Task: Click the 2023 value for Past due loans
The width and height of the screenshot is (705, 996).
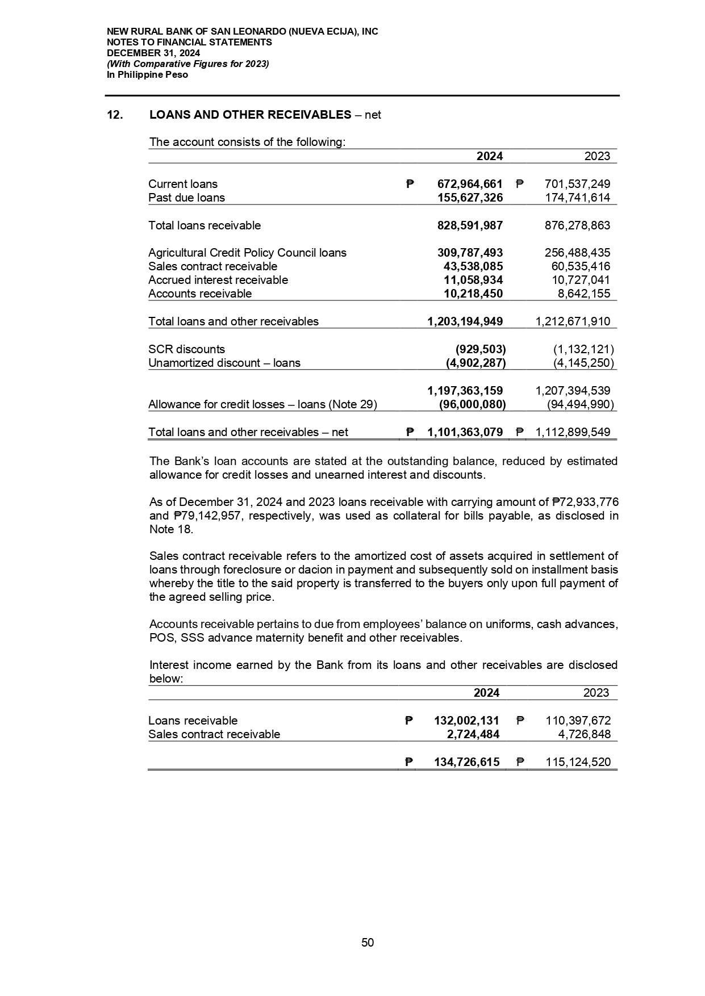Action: point(577,198)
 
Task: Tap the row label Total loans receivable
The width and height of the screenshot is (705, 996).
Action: point(205,225)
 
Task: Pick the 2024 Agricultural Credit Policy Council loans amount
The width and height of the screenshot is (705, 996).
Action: point(469,253)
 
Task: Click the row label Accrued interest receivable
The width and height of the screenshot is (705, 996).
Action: point(218,280)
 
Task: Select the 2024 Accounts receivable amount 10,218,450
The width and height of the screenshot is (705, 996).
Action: point(473,294)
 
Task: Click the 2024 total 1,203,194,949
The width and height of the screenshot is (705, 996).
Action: point(465,321)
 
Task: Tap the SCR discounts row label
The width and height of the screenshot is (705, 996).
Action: point(186,349)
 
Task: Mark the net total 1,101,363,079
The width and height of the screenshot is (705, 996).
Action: point(465,432)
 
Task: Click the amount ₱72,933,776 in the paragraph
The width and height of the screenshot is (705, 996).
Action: point(585,502)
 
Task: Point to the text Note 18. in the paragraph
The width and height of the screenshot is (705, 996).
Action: point(171,529)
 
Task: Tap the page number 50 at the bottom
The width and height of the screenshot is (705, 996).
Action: point(368,943)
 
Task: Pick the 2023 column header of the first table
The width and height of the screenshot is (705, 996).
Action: point(596,156)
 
